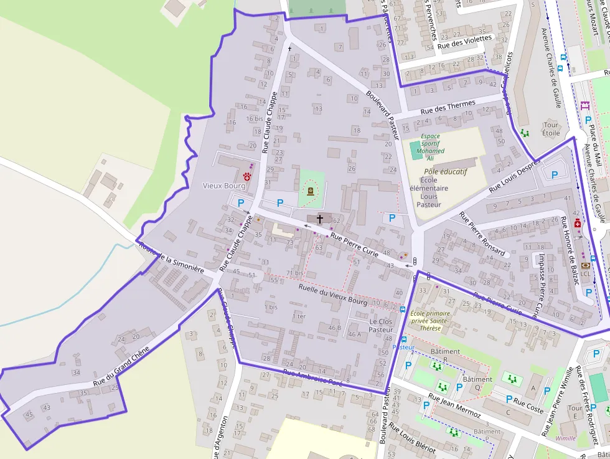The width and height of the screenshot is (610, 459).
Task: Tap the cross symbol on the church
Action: [320, 219]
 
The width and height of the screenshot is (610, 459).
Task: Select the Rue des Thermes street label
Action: [448, 106]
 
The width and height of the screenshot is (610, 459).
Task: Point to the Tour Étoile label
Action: [551, 128]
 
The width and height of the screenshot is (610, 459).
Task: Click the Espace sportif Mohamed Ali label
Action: [430, 146]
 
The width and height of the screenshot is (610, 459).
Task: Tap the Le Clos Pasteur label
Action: [380, 325]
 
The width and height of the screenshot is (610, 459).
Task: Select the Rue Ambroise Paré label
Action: [312, 377]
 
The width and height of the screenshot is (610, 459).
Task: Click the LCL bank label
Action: [585, 273]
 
